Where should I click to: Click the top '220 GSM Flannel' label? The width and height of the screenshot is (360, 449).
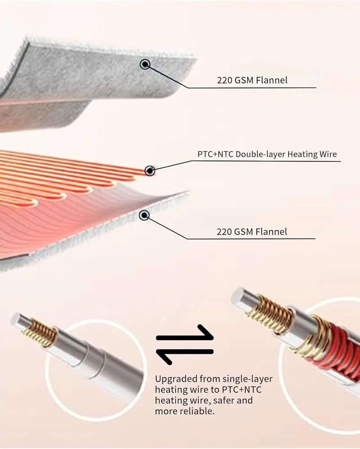252,80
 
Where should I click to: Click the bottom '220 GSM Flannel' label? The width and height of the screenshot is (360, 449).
252,231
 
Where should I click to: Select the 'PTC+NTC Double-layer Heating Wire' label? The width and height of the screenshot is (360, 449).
267,154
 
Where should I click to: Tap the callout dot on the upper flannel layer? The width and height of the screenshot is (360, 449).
145,64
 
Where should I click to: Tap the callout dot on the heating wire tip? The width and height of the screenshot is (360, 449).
150,171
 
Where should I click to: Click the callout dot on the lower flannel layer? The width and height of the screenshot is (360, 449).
144,216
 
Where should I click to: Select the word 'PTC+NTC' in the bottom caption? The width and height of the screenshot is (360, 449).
242,390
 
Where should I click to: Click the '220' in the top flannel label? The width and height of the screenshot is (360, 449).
224,80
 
